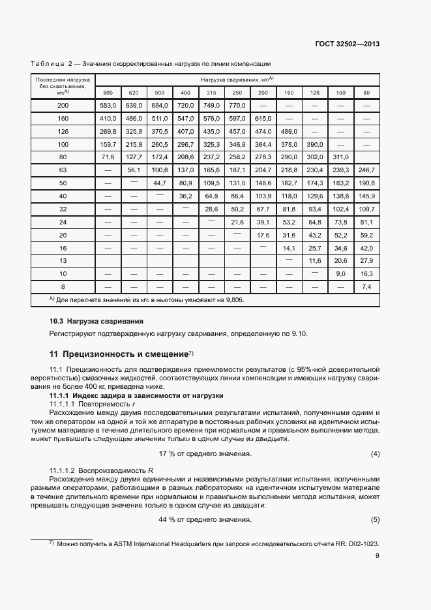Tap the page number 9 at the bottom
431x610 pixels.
pyautogui.click(x=377, y=556)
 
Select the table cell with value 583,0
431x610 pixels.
pyautogui.click(x=108, y=105)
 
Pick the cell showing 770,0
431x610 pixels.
pyautogui.click(x=237, y=105)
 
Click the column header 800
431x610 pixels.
pyautogui.click(x=108, y=93)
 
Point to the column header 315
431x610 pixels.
pyautogui.click(x=211, y=93)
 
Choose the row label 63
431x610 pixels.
pyautogui.click(x=63, y=170)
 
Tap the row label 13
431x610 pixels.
pyautogui.click(x=63, y=260)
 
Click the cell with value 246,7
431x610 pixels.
pyautogui.click(x=366, y=170)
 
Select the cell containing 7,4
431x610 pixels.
pyautogui.click(x=366, y=286)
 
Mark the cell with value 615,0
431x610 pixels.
pyautogui.click(x=263, y=118)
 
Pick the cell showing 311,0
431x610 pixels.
pyautogui.click(x=340, y=157)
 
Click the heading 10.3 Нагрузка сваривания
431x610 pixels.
pyautogui.click(x=97, y=322)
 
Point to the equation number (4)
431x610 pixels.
pyautogui.click(x=375, y=453)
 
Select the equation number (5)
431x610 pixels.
pyautogui.click(x=375, y=519)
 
